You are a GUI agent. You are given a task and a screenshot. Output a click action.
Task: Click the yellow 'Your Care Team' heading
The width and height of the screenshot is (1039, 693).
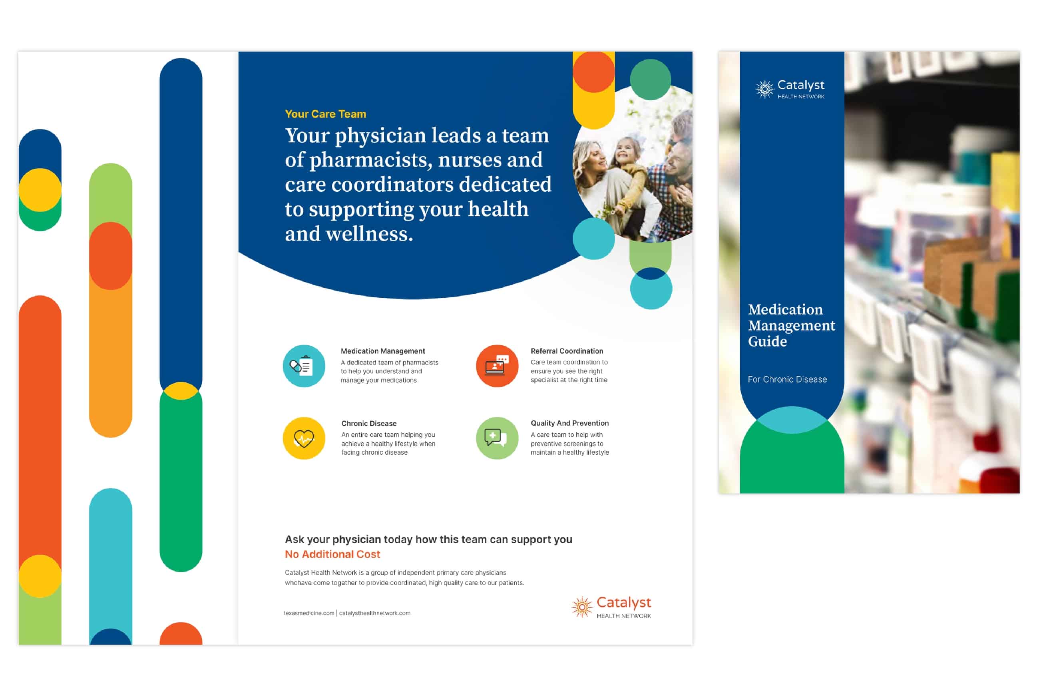[325, 114]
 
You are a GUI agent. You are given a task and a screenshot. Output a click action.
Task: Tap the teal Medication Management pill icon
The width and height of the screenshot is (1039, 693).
[304, 366]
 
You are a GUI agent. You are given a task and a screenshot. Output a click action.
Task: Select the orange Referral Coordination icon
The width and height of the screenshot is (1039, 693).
[497, 366]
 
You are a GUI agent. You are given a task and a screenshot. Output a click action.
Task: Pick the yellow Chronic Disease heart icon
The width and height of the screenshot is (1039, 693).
[304, 438]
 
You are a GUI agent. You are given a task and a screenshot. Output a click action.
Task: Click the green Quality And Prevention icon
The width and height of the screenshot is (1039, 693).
[497, 438]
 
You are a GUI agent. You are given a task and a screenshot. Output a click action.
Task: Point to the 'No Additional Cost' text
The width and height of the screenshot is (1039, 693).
[332, 554]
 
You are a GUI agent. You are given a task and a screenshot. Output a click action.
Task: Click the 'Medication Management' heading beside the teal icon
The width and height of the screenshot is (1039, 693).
[383, 351]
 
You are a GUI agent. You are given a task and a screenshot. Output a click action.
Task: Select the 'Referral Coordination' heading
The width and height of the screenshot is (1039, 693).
[567, 351]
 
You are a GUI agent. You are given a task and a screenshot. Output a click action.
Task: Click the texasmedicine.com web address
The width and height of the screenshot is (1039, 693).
[309, 613]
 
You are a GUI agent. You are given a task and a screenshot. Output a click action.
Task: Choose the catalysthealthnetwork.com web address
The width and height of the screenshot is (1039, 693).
[375, 613]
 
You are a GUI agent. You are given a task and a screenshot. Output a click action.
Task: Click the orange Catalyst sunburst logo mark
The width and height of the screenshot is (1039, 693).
[582, 607]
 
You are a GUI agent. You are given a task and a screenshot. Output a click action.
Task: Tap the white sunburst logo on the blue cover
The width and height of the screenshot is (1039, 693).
[764, 89]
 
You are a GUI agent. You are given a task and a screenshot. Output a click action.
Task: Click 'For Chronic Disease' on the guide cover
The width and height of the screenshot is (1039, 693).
[787, 379]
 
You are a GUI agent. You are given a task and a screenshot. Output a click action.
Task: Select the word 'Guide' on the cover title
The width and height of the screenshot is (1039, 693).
[767, 342]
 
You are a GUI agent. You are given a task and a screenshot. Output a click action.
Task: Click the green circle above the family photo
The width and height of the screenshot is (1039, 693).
[650, 80]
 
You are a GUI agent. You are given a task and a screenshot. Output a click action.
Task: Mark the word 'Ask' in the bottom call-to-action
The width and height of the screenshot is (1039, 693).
[295, 539]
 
